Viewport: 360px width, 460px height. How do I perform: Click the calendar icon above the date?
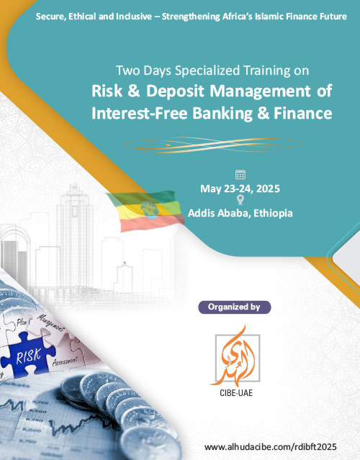(x=240, y=174)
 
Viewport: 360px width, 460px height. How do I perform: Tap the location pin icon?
(x=240, y=199)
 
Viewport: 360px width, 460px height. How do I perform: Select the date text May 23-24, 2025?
(x=240, y=189)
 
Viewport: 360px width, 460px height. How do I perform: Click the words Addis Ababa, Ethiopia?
(x=240, y=213)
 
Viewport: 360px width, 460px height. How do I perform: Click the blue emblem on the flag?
(x=150, y=209)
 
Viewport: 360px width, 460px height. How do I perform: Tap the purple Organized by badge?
(x=235, y=307)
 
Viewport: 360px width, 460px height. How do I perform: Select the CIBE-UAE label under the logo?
(x=236, y=393)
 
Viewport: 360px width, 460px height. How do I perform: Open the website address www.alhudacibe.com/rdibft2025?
(x=270, y=447)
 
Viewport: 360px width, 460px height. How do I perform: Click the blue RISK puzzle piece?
(x=28, y=354)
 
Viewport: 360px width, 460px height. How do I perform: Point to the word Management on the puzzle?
(x=50, y=323)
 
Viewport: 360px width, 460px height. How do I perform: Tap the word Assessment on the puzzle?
(x=65, y=361)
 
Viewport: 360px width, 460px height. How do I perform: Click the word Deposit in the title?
(x=175, y=91)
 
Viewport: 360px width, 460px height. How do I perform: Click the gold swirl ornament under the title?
(x=212, y=145)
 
